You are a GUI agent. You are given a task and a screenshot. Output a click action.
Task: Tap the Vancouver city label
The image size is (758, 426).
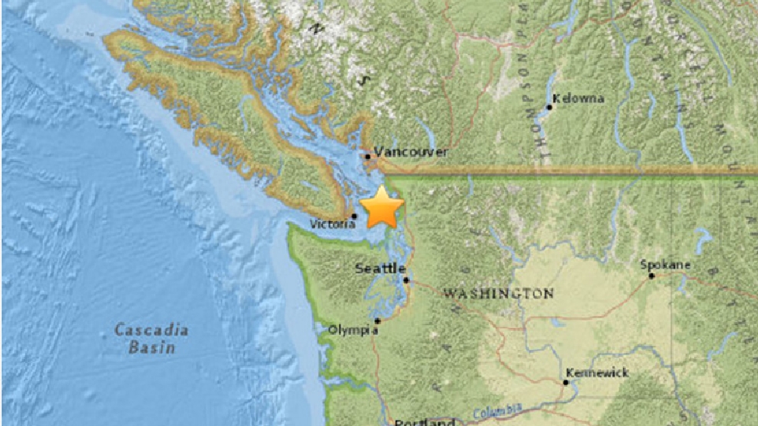pos(411,152)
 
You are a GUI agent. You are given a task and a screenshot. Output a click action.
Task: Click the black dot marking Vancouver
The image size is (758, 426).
pos(368,156)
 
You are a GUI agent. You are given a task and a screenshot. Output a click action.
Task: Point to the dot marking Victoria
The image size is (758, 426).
pos(354,216)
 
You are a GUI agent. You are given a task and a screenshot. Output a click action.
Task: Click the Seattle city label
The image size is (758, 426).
pos(380,268)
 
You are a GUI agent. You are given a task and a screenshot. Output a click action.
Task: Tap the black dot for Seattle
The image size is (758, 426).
pos(406,280)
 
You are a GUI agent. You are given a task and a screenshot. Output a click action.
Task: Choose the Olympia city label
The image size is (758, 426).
pos(353,331)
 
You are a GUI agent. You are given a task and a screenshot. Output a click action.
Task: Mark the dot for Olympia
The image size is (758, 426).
pos(377,321)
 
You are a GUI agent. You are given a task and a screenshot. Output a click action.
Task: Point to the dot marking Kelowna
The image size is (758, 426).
pos(549,107)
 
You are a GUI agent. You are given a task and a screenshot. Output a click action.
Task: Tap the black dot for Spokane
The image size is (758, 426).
pos(651,275)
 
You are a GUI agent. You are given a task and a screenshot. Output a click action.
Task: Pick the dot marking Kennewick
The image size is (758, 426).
pos(566,381)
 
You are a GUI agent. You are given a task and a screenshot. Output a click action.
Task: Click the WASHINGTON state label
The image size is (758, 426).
pos(498,293)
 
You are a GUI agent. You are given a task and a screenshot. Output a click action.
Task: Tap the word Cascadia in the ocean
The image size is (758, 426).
pos(151,331)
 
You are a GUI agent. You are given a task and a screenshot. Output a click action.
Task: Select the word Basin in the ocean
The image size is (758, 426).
pos(152,348)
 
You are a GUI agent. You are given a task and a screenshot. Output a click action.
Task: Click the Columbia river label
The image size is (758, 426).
pos(498,409)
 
